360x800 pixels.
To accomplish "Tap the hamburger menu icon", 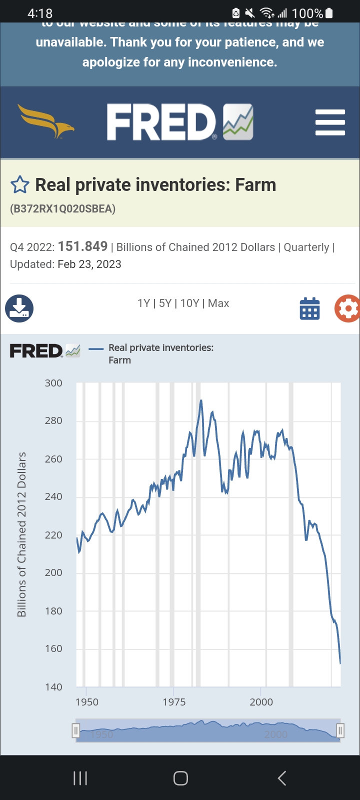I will (330, 122).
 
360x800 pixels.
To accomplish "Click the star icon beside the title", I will (20, 185).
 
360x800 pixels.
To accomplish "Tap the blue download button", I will (19, 308).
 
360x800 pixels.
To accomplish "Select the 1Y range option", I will (143, 303).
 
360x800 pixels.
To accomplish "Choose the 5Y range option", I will (165, 303).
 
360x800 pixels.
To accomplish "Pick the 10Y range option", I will (190, 303).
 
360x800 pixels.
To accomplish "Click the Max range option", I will (218, 303).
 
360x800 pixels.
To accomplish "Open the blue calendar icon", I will (309, 308).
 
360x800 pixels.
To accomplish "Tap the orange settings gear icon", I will (347, 308).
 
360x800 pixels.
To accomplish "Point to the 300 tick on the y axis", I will (53, 383).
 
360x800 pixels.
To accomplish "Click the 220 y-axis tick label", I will (53, 535).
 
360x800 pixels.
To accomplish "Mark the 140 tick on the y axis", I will (53, 687).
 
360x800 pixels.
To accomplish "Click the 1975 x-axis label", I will (174, 702).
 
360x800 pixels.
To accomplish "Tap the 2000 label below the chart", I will (261, 702).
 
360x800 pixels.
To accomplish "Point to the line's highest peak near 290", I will (201, 400).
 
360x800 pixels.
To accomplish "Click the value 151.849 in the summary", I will (82, 246).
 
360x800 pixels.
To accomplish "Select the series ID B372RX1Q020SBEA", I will (62, 209).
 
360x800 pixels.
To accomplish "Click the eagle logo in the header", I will (46, 121).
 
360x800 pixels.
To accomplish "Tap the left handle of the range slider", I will (76, 731).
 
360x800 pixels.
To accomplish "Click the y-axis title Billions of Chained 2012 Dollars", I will (21, 534).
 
